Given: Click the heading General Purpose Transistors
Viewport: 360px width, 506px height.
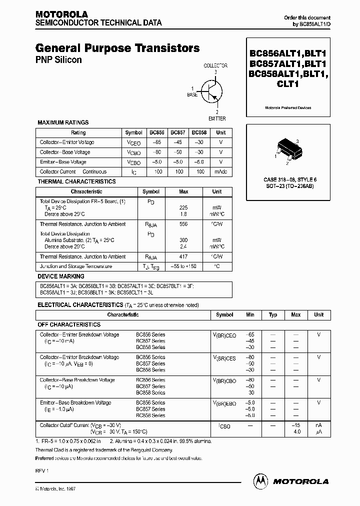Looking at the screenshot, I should (117, 48).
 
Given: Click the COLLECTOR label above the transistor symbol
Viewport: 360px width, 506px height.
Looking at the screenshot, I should (215, 65).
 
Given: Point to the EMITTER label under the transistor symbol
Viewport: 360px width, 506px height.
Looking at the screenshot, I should (217, 118).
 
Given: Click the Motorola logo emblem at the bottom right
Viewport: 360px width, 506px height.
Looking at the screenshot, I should (260, 480).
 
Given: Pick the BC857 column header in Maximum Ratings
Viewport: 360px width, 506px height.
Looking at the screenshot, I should (177, 132).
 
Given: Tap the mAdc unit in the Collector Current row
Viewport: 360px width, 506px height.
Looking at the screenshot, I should (220, 171).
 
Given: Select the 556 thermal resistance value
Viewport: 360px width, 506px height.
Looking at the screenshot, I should (183, 224).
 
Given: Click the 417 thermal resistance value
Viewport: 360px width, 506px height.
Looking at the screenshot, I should (183, 256).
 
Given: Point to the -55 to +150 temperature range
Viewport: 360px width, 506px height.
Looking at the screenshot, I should (183, 266).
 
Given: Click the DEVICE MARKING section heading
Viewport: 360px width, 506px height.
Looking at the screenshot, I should (61, 276).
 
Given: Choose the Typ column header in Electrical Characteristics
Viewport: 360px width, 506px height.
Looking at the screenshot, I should (273, 315).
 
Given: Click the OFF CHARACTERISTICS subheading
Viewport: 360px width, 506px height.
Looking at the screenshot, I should (70, 324).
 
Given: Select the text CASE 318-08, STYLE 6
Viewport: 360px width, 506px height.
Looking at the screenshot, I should (290, 179).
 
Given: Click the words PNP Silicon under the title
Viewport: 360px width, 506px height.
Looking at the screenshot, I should (58, 60).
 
